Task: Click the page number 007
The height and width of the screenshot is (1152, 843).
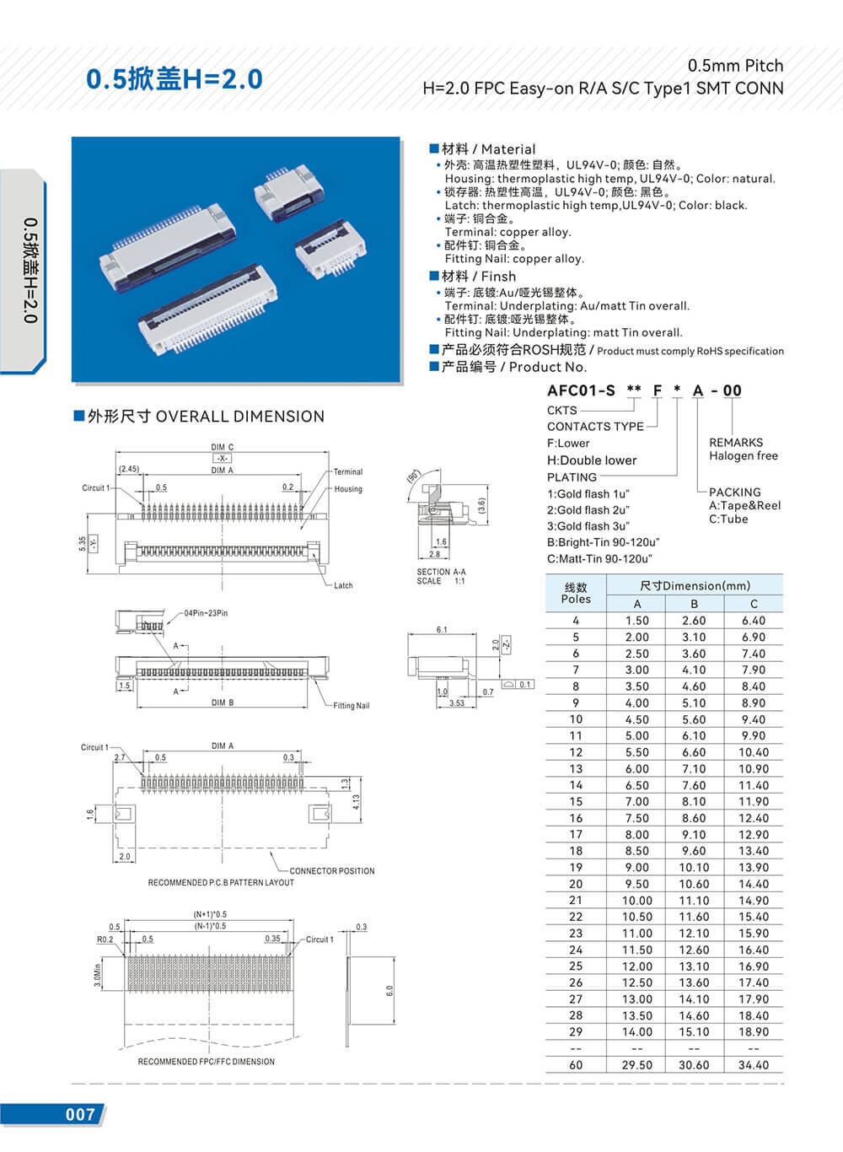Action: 81,1114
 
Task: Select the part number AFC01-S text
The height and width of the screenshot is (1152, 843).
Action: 581,390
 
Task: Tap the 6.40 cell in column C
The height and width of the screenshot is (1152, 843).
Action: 753,621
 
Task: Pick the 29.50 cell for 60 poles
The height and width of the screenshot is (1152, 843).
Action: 636,1065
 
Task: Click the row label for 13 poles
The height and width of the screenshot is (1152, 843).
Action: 576,769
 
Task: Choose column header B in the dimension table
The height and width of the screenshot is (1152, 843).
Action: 694,604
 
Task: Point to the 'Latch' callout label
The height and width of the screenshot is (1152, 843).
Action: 343,585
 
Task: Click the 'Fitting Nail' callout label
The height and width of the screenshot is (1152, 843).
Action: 351,706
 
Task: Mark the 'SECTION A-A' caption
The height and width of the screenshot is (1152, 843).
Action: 441,572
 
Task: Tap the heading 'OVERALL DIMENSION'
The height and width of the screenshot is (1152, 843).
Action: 239,417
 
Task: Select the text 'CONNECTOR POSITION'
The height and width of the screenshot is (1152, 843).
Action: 332,871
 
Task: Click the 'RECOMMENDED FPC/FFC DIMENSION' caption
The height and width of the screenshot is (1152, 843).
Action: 206,1062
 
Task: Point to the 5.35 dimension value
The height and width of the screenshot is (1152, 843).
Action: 82,543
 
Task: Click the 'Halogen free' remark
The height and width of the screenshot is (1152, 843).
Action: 743,456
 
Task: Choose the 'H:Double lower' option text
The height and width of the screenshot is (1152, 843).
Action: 592,460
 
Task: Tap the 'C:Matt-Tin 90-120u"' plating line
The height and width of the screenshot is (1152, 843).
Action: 599,559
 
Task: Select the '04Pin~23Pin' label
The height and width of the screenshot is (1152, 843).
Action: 206,613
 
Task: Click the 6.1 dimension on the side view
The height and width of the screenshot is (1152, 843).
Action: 442,630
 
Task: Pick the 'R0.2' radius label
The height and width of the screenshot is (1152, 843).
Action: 105,939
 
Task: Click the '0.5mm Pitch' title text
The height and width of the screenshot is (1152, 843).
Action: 735,66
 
